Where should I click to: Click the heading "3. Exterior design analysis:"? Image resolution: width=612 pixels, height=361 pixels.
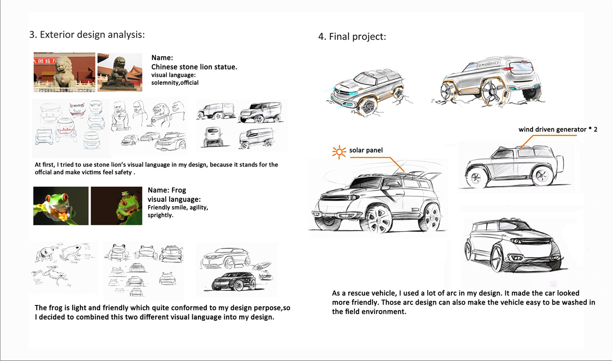tap(87, 35)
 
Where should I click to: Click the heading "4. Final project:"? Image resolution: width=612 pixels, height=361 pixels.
tap(352, 37)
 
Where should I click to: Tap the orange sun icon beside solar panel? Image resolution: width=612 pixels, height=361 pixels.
tap(338, 151)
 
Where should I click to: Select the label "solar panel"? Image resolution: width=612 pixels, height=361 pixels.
tap(366, 151)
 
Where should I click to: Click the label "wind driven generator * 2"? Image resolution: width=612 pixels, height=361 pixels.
tap(558, 129)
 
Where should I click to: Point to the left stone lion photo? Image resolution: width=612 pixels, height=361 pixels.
tap(64, 72)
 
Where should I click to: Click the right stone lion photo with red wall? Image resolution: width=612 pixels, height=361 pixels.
tap(119, 72)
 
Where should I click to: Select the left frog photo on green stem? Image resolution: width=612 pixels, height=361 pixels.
tap(61, 206)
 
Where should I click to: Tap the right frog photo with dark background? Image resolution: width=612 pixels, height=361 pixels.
tap(116, 206)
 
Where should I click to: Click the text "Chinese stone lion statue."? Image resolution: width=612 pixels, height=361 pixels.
tap(194, 67)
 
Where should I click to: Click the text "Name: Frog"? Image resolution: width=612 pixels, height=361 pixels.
tap(167, 190)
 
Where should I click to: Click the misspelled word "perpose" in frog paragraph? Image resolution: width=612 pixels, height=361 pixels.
tap(257, 308)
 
